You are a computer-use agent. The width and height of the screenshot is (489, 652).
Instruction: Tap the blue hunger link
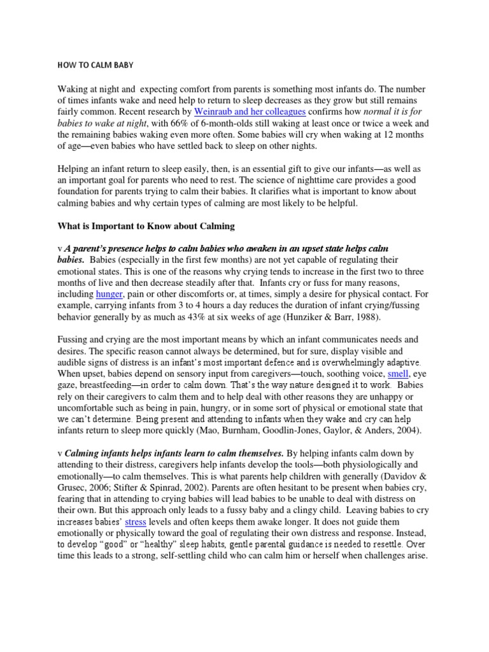point(109,294)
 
